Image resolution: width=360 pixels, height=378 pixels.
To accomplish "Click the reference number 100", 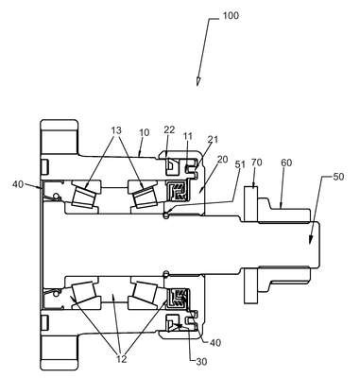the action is pos(231,15).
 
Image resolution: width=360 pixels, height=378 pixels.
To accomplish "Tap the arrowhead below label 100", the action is pos(198,81).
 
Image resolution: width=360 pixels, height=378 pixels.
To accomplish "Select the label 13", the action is pos(116,130).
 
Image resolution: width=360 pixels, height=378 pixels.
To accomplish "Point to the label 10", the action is pos(145,132).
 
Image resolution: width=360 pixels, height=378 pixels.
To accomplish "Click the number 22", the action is pos(169,130).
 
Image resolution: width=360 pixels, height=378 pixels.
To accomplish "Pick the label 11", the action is pos(188,136).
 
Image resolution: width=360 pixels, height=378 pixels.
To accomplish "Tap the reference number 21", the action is pos(213,140).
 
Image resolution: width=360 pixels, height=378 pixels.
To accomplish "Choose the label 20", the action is pos(222,160).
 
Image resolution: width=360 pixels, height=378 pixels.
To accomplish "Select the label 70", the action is pos(257,163).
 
